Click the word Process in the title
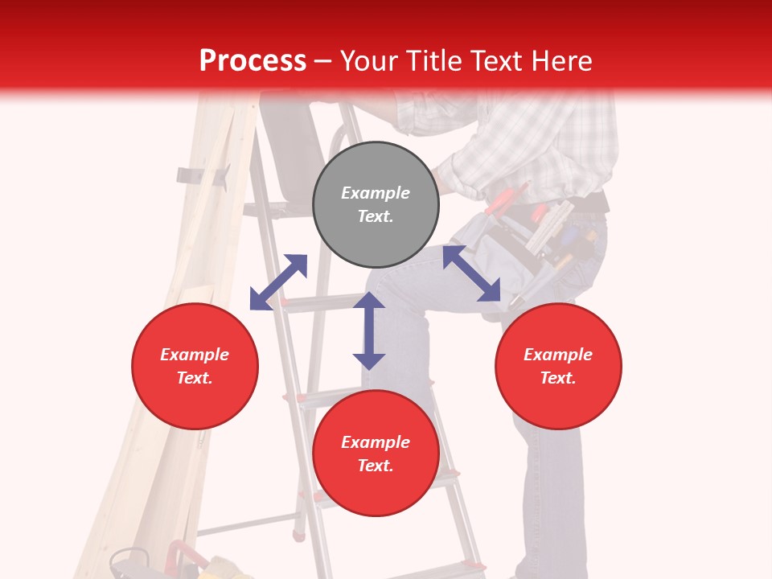[x=253, y=61]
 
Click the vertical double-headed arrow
[x=369, y=331]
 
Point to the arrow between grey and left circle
[x=278, y=282]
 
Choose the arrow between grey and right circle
[x=472, y=273]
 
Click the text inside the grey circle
[x=376, y=204]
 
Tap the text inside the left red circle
[x=195, y=366]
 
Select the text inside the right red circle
[x=558, y=366]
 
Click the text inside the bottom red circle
[x=376, y=454]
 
